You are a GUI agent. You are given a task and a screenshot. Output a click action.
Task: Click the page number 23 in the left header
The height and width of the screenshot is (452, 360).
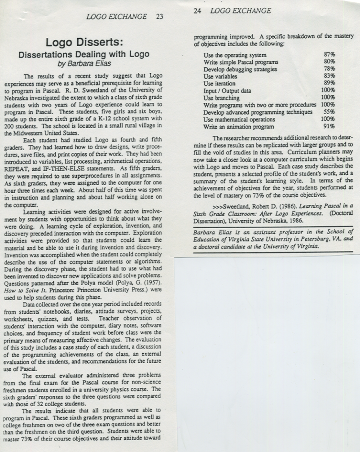159,17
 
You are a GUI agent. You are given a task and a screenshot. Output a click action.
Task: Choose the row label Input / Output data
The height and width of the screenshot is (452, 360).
227,91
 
